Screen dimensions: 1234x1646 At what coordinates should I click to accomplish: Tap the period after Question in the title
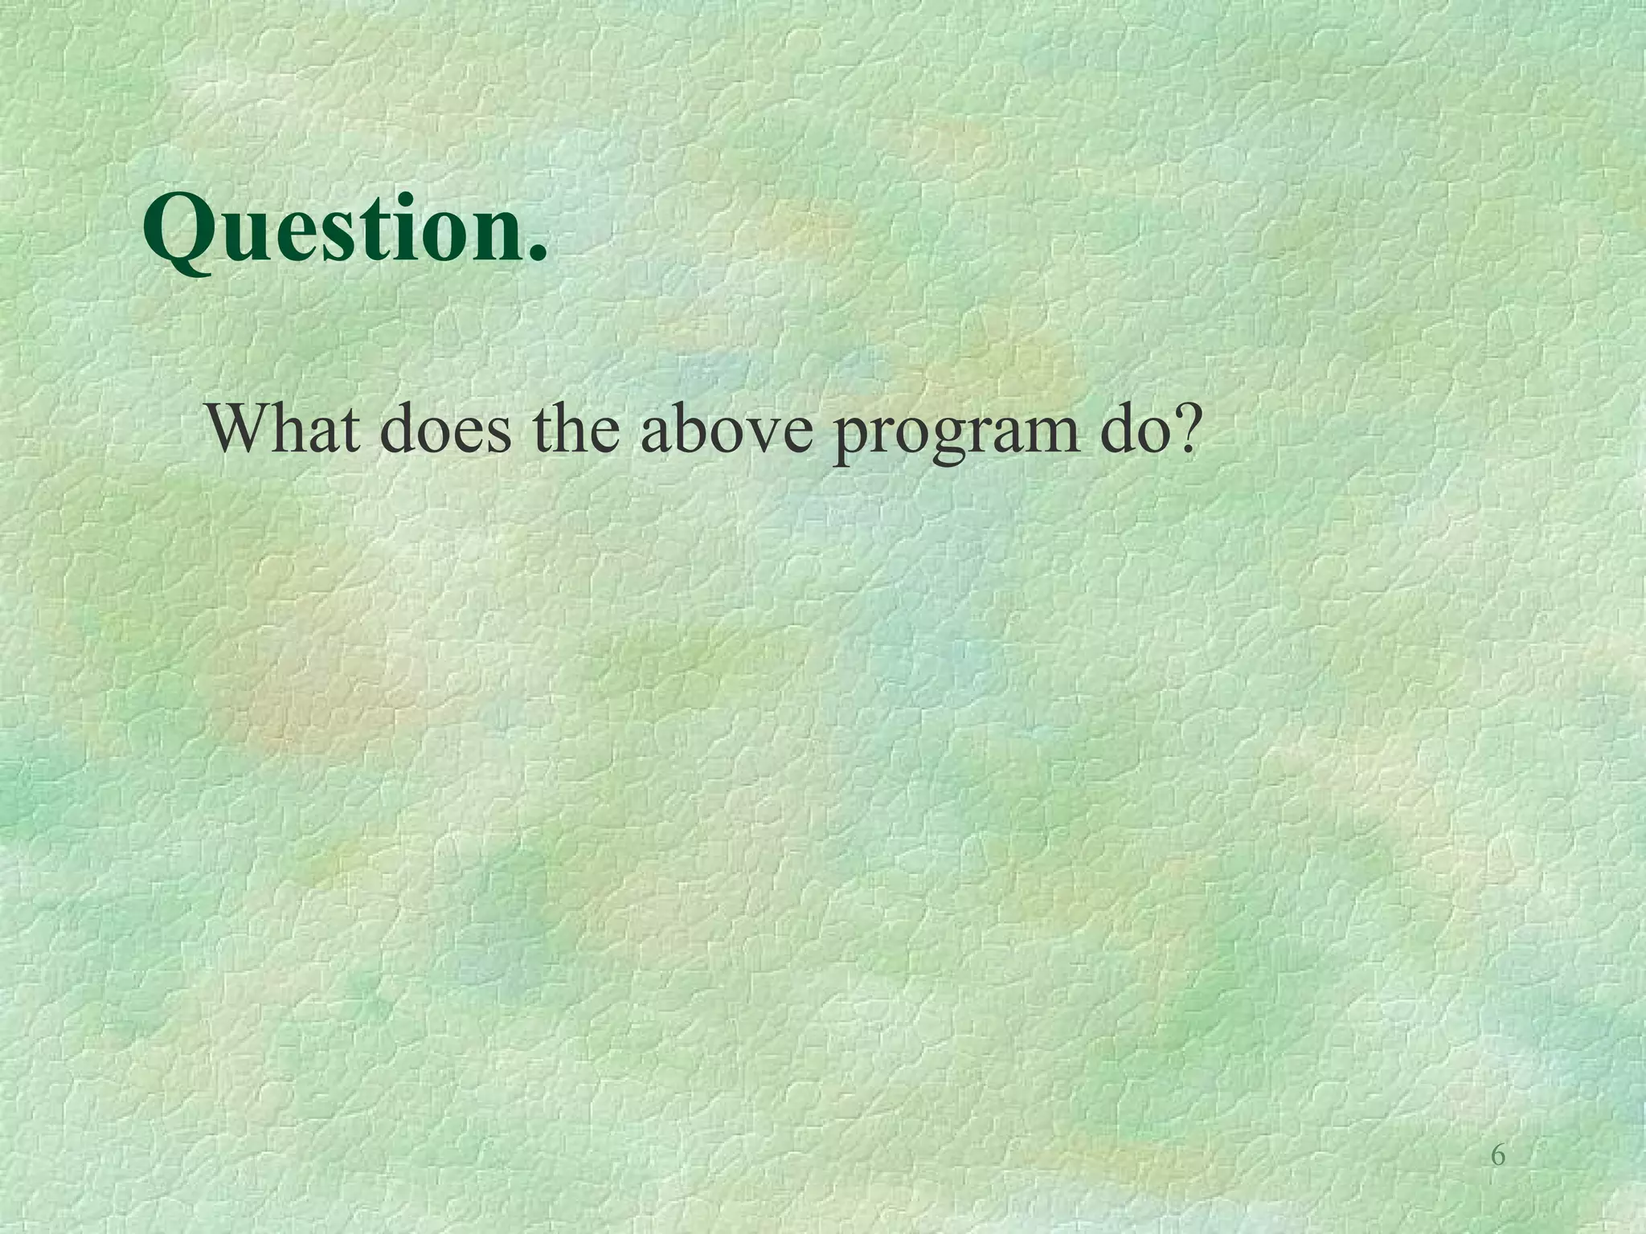(537, 254)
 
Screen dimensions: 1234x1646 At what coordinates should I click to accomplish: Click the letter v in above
(764, 434)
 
